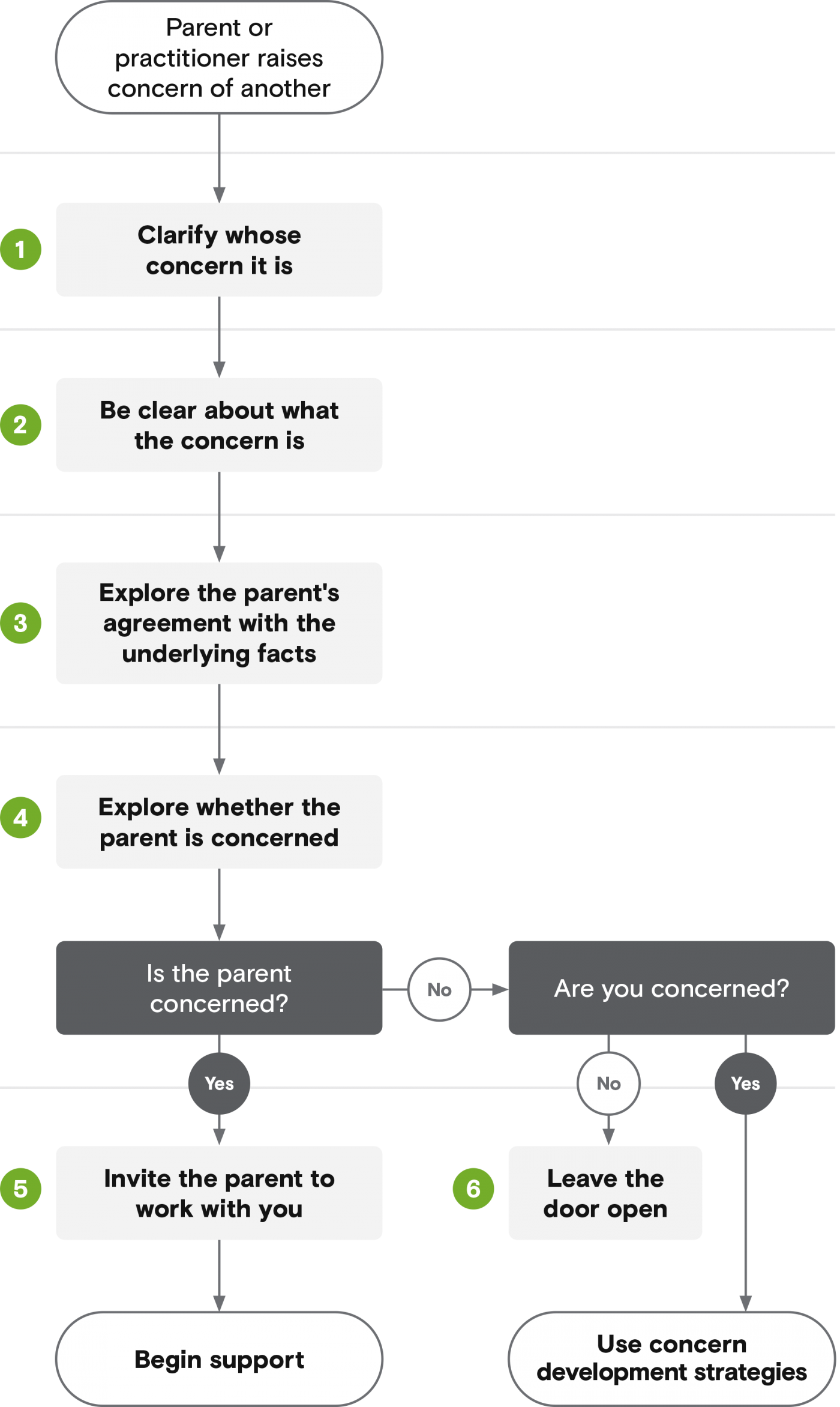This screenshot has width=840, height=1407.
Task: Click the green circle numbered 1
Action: pos(20,250)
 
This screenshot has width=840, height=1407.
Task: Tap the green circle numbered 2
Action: pos(20,425)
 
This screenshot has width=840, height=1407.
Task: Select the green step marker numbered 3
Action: pos(20,623)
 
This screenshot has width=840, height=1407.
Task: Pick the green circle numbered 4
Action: pos(20,818)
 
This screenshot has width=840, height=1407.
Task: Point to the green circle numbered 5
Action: pos(20,1189)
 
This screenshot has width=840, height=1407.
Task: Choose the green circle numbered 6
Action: pos(473,1189)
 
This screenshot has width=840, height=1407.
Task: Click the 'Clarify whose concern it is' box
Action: pos(219,250)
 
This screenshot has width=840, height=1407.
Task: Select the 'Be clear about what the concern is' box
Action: pos(219,425)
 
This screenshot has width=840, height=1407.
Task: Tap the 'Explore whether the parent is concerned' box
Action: pos(219,822)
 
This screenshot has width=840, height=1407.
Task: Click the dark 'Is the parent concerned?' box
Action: pos(219,988)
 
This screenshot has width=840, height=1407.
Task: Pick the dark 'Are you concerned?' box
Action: pos(672,988)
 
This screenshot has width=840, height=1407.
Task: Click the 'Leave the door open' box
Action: pos(605,1193)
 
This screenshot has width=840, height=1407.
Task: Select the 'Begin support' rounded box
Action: pos(219,1359)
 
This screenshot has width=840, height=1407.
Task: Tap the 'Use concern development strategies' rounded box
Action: pos(672,1359)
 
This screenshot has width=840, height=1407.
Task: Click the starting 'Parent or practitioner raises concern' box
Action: pos(219,58)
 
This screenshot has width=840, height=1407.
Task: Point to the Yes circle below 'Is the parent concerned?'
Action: pos(219,1083)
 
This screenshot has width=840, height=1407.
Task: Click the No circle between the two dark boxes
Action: pos(439,989)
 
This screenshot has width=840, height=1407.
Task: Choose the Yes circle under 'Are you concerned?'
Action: pos(746,1083)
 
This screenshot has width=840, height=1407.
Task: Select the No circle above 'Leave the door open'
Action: pos(608,1083)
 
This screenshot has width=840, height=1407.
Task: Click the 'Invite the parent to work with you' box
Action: pos(219,1193)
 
